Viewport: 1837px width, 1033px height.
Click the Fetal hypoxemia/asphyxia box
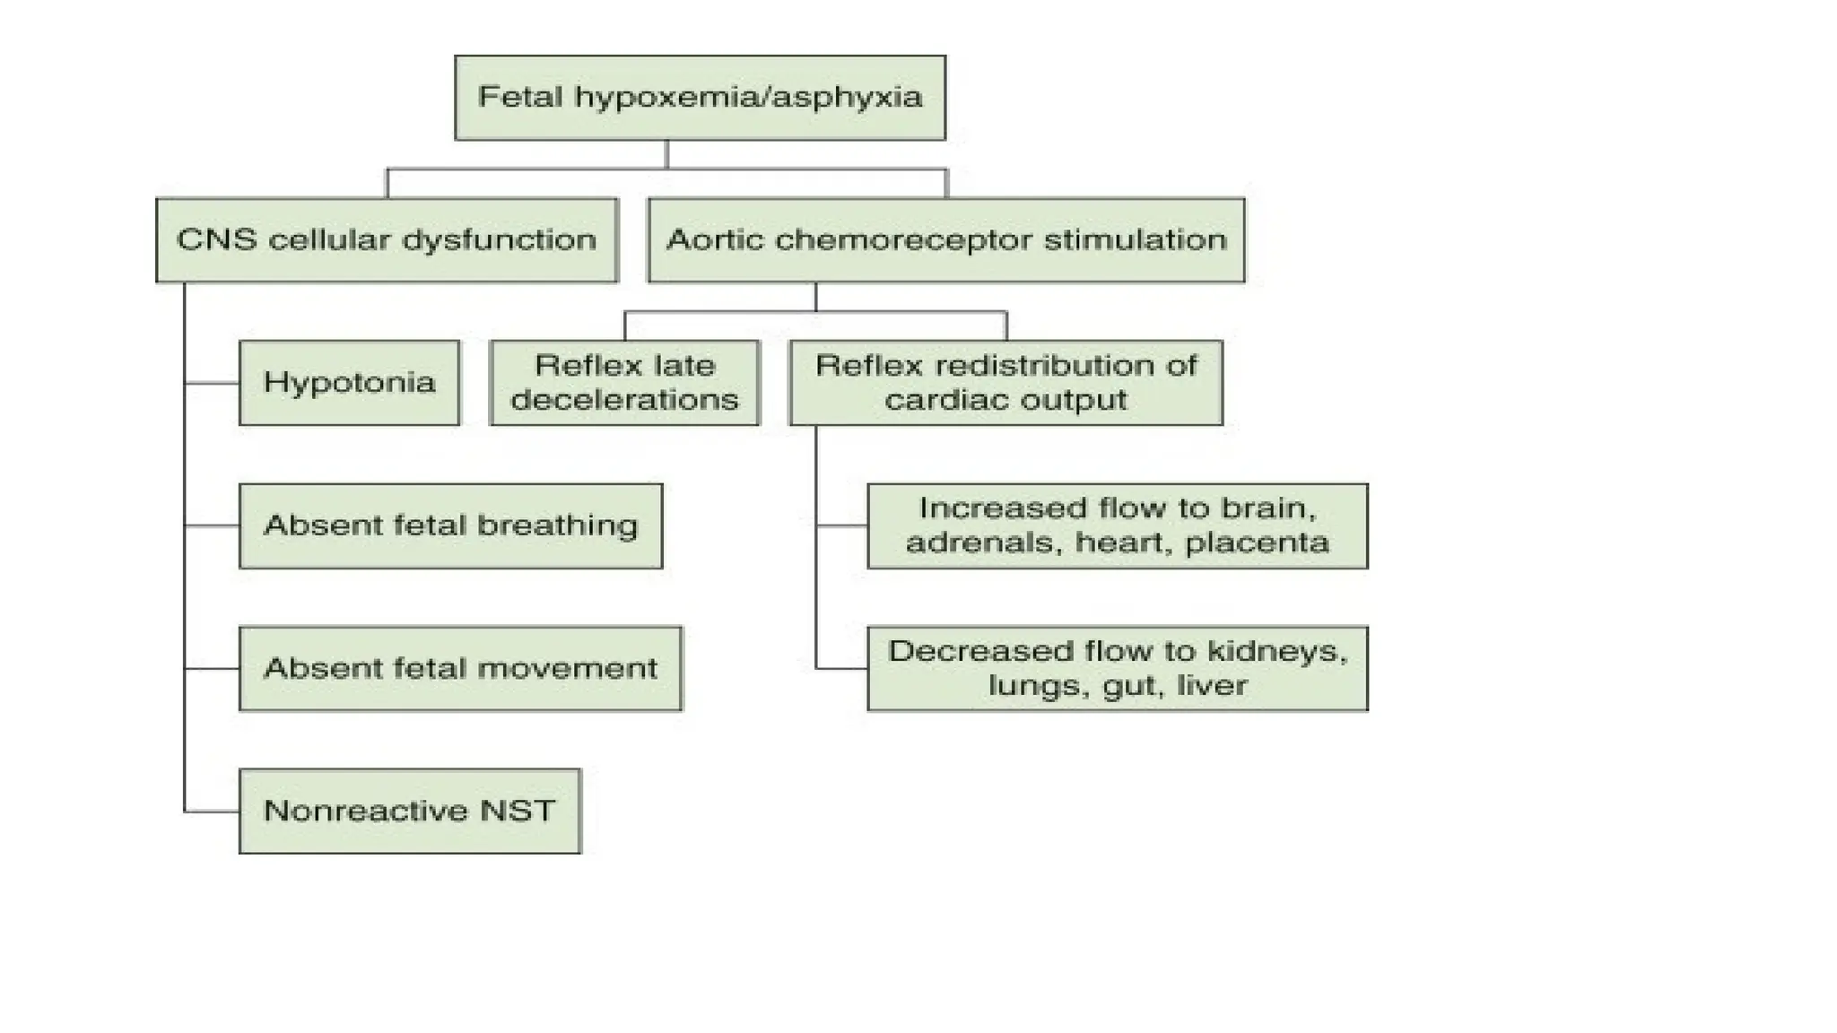pos(700,97)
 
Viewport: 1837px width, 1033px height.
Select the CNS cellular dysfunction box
pos(387,239)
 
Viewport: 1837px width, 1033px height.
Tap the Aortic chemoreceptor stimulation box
pos(945,239)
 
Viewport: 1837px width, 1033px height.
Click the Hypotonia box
pos(349,382)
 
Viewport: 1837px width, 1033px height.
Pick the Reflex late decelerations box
pos(624,382)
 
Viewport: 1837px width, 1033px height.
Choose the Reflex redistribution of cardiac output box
pos(1006,382)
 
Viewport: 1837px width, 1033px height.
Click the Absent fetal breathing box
pos(450,525)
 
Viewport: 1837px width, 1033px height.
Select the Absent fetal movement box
pos(460,668)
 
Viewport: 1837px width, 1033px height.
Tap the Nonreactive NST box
pos(410,811)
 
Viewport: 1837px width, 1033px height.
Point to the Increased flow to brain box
pos(1117,525)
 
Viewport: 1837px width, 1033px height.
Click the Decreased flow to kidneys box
pos(1117,668)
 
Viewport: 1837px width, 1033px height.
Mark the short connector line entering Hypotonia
pos(212,383)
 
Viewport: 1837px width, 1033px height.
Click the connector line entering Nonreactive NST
pos(212,812)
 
